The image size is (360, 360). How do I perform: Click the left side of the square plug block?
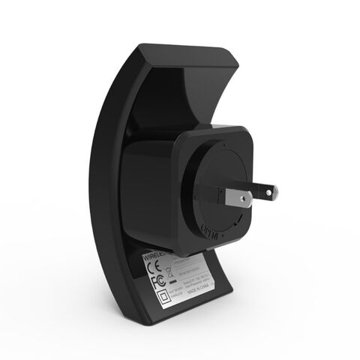pyautogui.click(x=150, y=187)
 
